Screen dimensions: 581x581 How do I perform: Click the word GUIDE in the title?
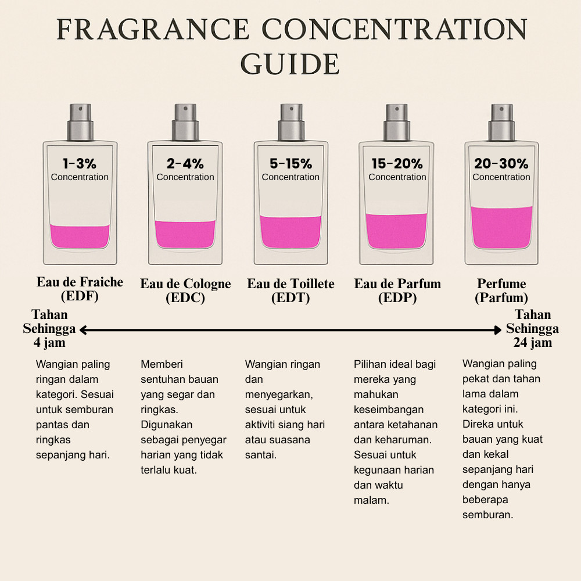[x=290, y=64]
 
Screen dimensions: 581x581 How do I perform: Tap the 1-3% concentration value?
[x=80, y=163]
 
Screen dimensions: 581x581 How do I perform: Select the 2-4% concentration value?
[x=185, y=163]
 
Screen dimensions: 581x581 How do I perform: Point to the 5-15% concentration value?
[x=290, y=163]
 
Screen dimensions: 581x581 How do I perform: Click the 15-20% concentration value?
[x=397, y=163]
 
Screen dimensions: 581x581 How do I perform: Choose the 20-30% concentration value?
[x=501, y=163]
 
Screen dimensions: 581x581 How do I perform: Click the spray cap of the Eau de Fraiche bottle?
[x=80, y=122]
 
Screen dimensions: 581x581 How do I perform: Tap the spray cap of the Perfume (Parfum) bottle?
[x=502, y=122]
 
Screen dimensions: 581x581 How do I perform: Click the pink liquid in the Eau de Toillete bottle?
[x=290, y=232]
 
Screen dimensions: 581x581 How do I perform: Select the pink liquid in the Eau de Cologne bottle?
[x=185, y=234]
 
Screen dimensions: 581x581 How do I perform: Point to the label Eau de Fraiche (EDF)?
[x=80, y=289]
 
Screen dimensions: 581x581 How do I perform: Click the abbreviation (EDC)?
[x=185, y=297]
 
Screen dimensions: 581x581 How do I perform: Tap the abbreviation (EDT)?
[x=290, y=297]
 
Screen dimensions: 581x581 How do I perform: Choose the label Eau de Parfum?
[x=397, y=284]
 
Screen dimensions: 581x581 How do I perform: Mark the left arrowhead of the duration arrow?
[x=84, y=330]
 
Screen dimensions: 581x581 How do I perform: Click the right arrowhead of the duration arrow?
[x=497, y=330]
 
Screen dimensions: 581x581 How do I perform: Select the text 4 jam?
[x=49, y=343]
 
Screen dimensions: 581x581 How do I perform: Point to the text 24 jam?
[x=532, y=343]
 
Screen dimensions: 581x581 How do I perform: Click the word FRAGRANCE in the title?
[x=153, y=29]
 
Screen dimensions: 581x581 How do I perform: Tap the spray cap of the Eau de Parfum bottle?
[x=397, y=122]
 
